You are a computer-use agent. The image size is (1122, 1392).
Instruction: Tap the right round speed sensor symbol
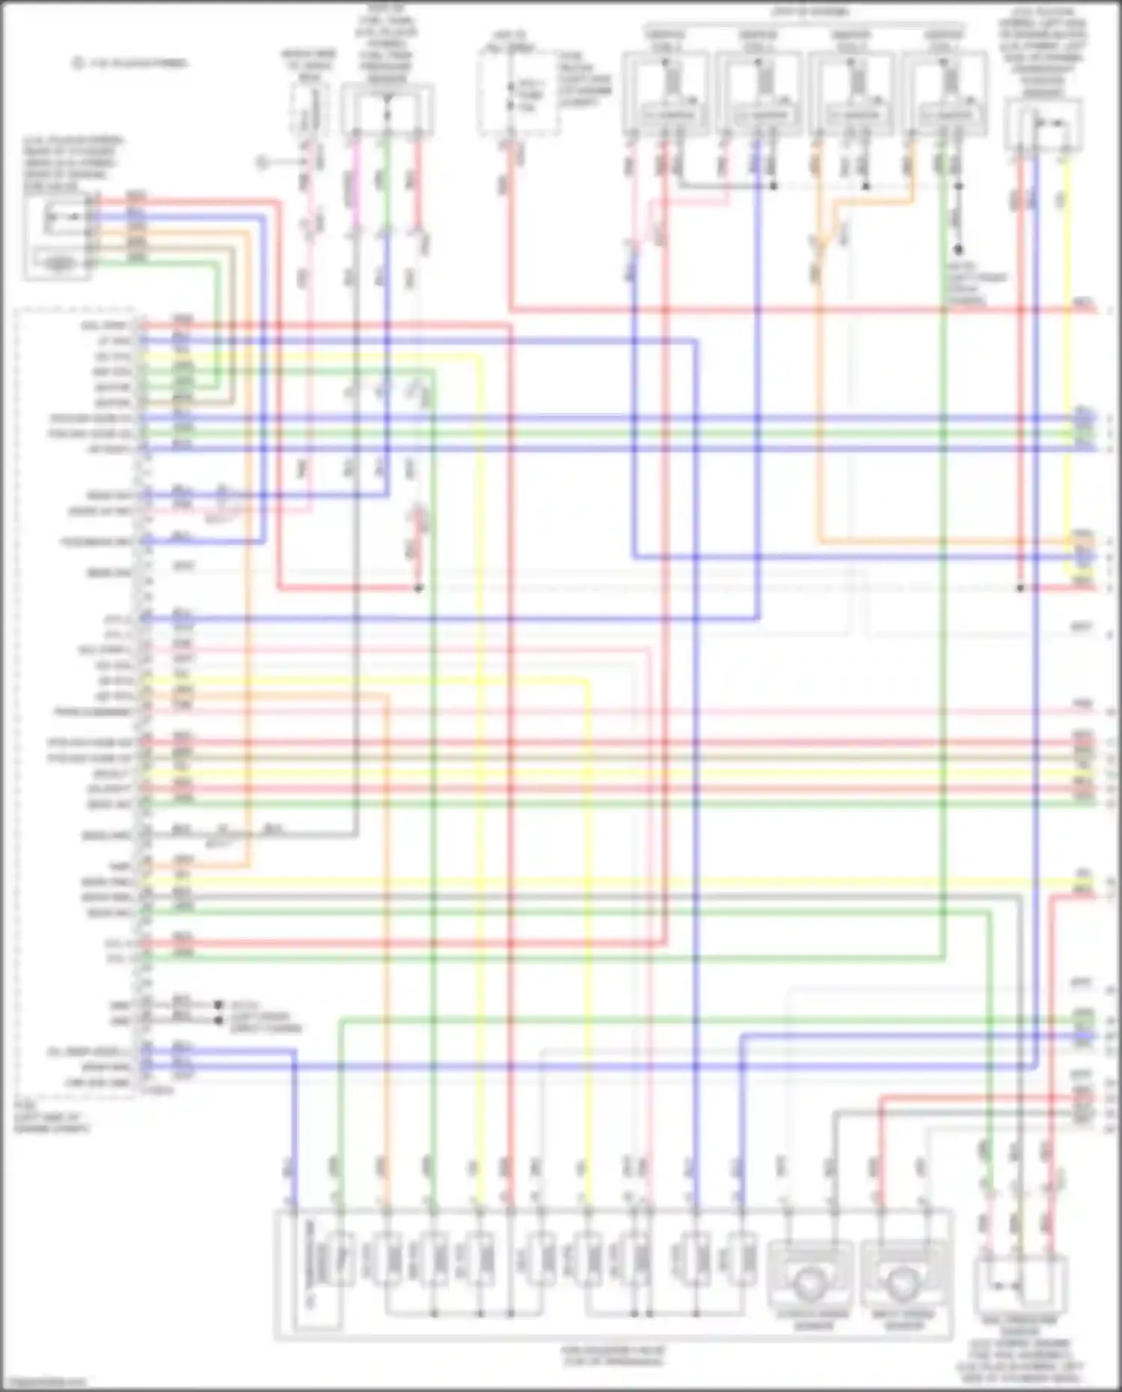click(x=904, y=1282)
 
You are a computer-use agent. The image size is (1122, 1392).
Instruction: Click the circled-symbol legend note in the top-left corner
click(x=131, y=64)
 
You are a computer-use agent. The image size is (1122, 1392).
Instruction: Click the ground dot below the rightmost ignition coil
click(x=958, y=250)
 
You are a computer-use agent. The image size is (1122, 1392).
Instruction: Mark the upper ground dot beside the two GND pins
click(x=218, y=1005)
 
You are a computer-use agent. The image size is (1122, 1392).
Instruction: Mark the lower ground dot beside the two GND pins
click(x=218, y=1020)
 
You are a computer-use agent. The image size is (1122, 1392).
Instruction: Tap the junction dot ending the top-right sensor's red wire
click(x=1020, y=588)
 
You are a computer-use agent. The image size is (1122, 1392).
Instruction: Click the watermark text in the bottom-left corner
click(x=43, y=1383)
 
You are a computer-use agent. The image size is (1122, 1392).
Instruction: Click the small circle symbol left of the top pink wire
click(x=262, y=162)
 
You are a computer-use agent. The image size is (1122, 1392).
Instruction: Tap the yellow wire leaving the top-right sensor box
click(x=1066, y=224)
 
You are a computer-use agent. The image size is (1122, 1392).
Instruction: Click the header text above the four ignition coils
click(x=810, y=12)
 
